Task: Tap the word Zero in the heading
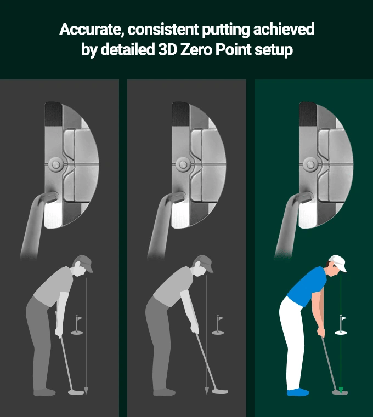[195, 49]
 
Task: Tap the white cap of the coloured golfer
[338, 262]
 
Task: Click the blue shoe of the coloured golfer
[298, 392]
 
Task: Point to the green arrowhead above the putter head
[341, 390]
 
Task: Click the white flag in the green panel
[344, 318]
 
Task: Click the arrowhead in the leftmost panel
[86, 390]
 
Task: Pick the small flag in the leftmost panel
[79, 318]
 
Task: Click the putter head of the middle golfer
[220, 391]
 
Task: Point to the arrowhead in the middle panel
[207, 390]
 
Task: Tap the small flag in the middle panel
[220, 318]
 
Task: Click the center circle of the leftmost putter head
[56, 164]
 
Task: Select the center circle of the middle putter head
[183, 164]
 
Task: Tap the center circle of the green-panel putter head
[310, 164]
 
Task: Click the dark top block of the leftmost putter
[53, 114]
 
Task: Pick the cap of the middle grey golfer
[205, 262]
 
